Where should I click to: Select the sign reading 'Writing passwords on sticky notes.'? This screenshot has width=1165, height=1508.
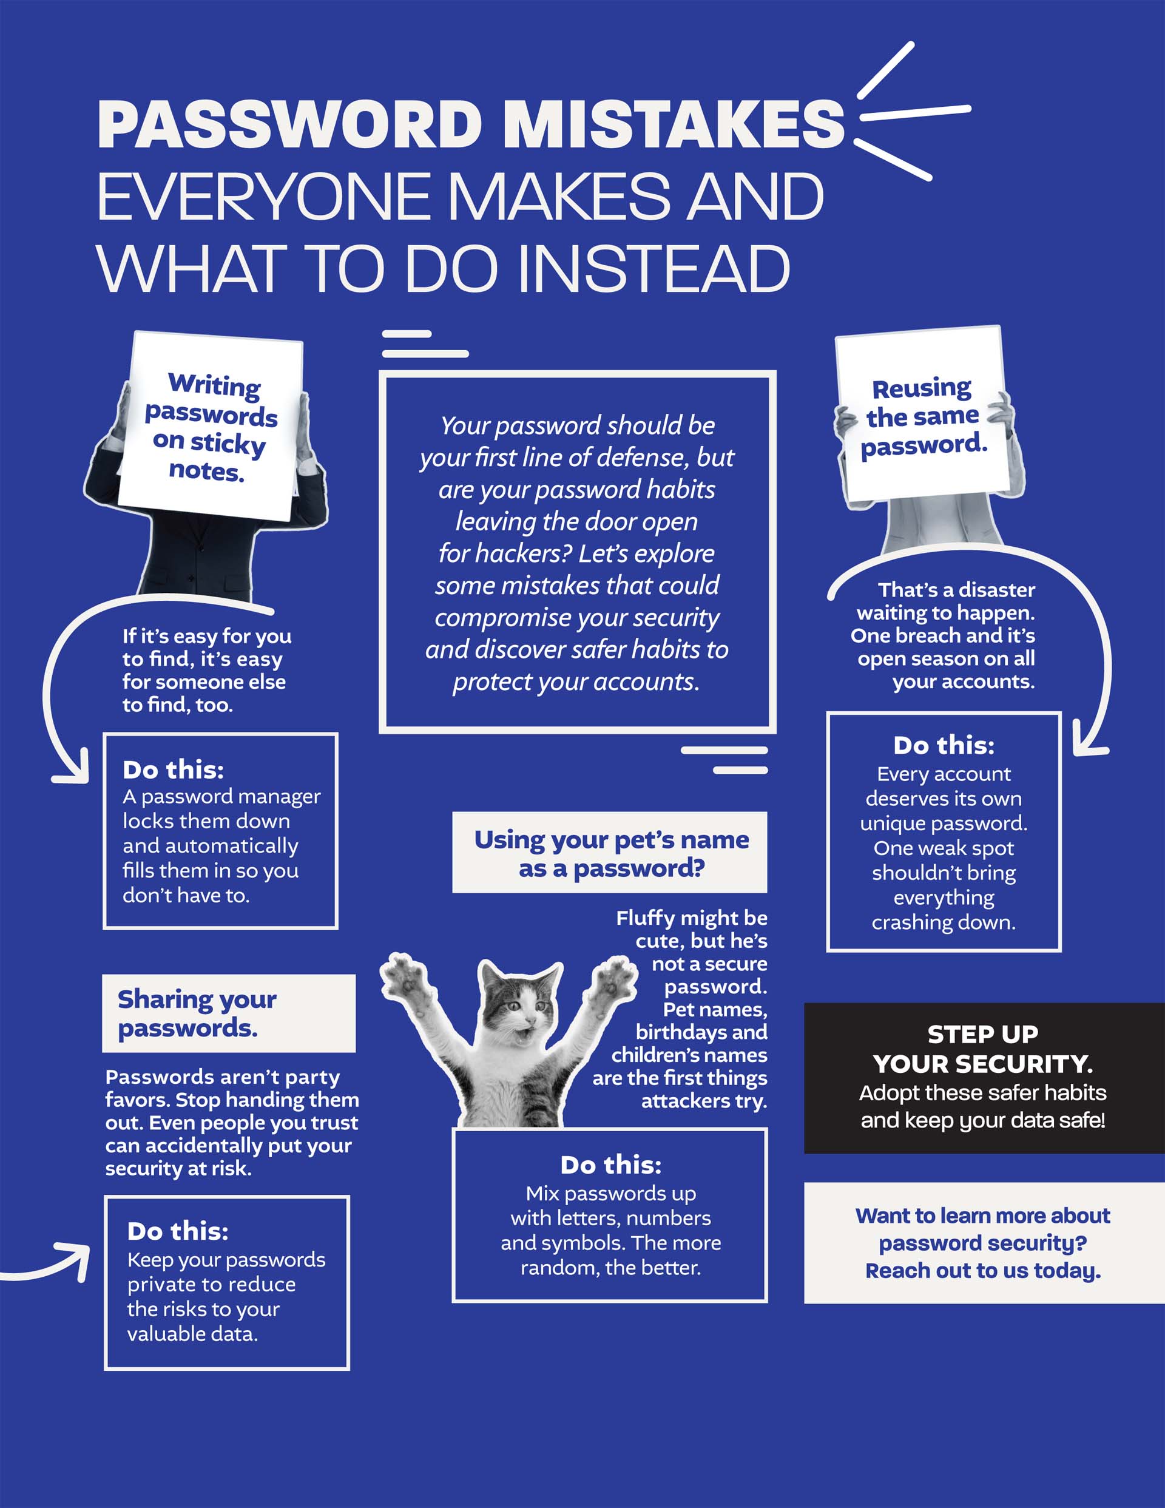211,426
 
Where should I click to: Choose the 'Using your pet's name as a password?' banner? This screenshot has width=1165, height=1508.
610,853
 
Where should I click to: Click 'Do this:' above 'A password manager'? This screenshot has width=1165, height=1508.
174,769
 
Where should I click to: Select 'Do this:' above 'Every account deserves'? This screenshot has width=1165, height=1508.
944,745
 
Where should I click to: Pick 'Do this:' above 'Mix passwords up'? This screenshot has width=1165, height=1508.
610,1165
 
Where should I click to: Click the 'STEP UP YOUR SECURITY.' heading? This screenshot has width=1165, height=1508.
983,1049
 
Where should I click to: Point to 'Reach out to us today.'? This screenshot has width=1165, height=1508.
983,1271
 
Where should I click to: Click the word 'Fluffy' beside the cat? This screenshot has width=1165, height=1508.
641,918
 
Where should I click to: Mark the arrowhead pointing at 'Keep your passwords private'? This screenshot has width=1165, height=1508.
76,1259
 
